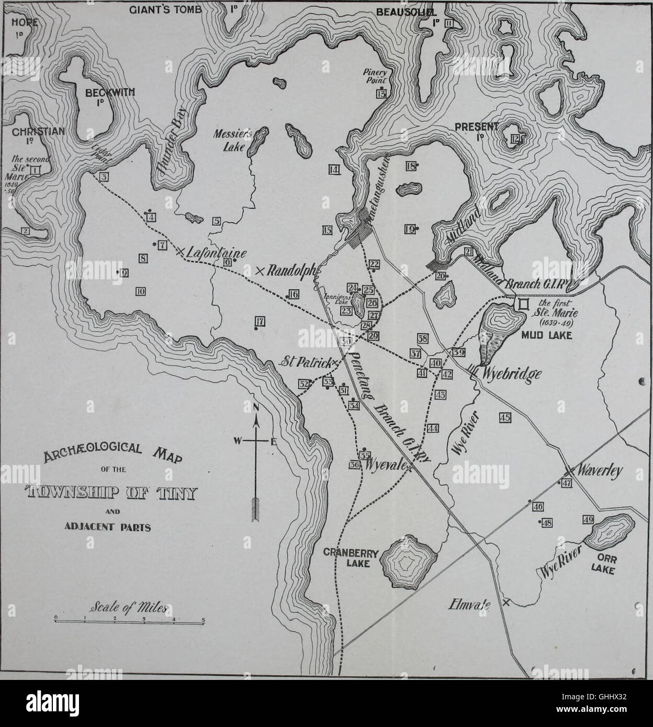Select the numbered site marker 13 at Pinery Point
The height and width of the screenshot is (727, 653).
pos(381,94)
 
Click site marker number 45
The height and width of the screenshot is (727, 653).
pos(504,417)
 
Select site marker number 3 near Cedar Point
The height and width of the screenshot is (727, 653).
pos(104,177)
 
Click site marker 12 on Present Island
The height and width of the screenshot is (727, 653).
pos(516,138)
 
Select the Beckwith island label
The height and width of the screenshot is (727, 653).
pos(103,94)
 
